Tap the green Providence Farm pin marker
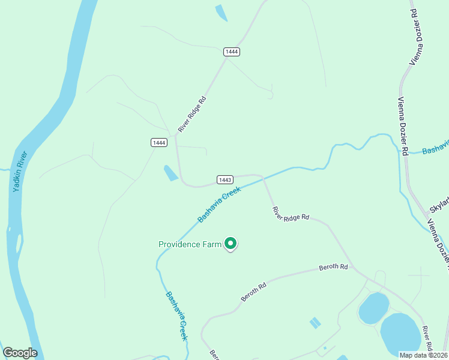pyautogui.click(x=231, y=243)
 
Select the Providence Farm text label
pyautogui.click(x=190, y=244)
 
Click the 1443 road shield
pyautogui.click(x=225, y=180)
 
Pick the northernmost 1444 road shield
pyautogui.click(x=232, y=52)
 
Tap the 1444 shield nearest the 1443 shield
pyautogui.click(x=159, y=142)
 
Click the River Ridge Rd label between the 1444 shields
pyautogui.click(x=192, y=115)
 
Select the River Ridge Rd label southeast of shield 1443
pyautogui.click(x=291, y=213)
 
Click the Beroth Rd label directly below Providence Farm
pyautogui.click(x=253, y=292)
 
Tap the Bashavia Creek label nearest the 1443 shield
pyautogui.click(x=219, y=204)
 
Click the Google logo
pyautogui.click(x=20, y=353)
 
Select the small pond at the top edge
pyautogui.click(x=221, y=13)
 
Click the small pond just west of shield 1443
pyautogui.click(x=170, y=173)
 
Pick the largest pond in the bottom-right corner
pyautogui.click(x=400, y=334)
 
